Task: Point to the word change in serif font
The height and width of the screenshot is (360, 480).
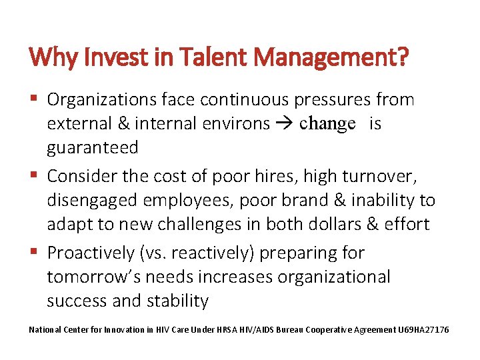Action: coord(327,124)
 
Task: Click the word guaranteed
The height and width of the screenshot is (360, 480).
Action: coord(92,147)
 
